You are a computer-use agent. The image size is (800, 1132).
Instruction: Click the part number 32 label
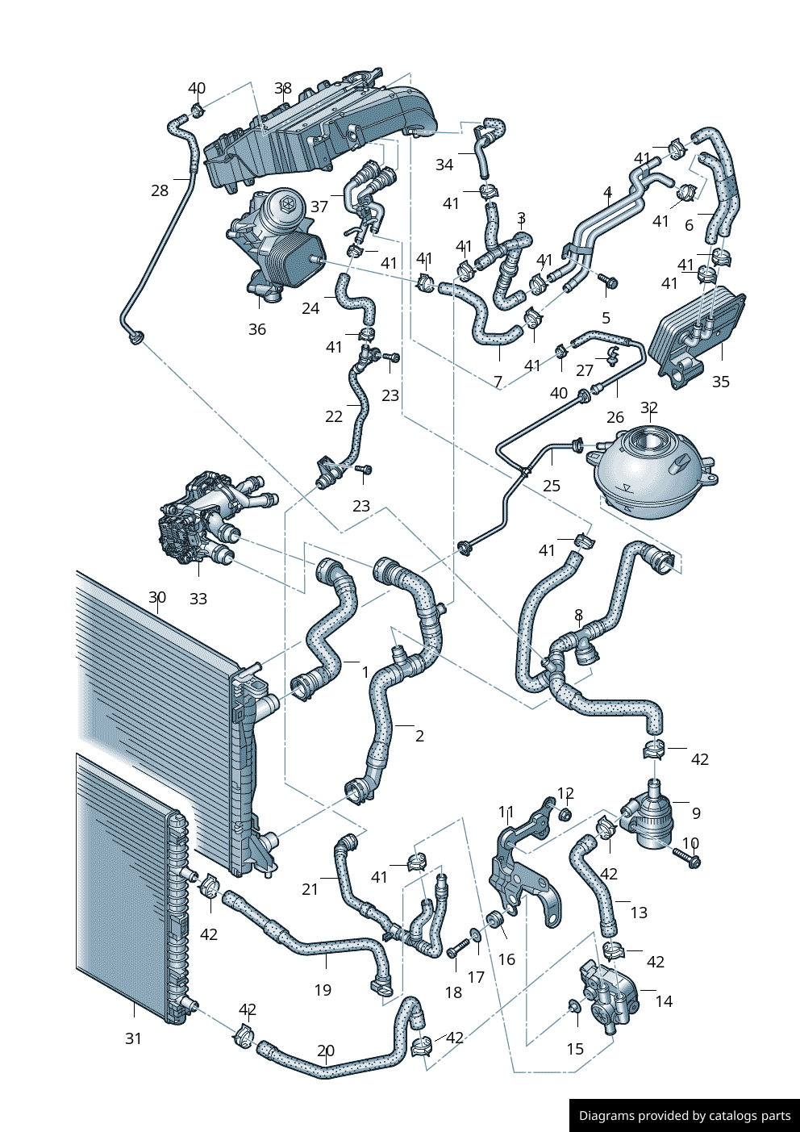click(649, 408)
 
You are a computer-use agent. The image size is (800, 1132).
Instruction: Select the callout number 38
click(283, 89)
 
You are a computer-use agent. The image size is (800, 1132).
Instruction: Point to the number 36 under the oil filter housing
click(257, 329)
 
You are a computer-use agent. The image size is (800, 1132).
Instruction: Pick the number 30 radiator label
click(157, 598)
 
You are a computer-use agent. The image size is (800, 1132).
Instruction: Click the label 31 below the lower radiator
click(134, 1039)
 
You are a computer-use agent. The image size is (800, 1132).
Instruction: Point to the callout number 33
click(198, 599)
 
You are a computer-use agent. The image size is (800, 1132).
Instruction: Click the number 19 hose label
click(323, 990)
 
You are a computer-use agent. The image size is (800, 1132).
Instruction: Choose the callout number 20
click(326, 1051)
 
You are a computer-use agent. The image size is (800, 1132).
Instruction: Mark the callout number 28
click(160, 190)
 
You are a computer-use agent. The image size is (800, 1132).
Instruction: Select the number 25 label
click(552, 486)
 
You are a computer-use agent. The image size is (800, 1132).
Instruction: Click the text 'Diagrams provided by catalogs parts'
click(685, 1116)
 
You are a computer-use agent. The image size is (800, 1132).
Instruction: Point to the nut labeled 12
click(565, 812)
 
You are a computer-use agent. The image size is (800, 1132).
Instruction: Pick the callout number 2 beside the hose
click(419, 736)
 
